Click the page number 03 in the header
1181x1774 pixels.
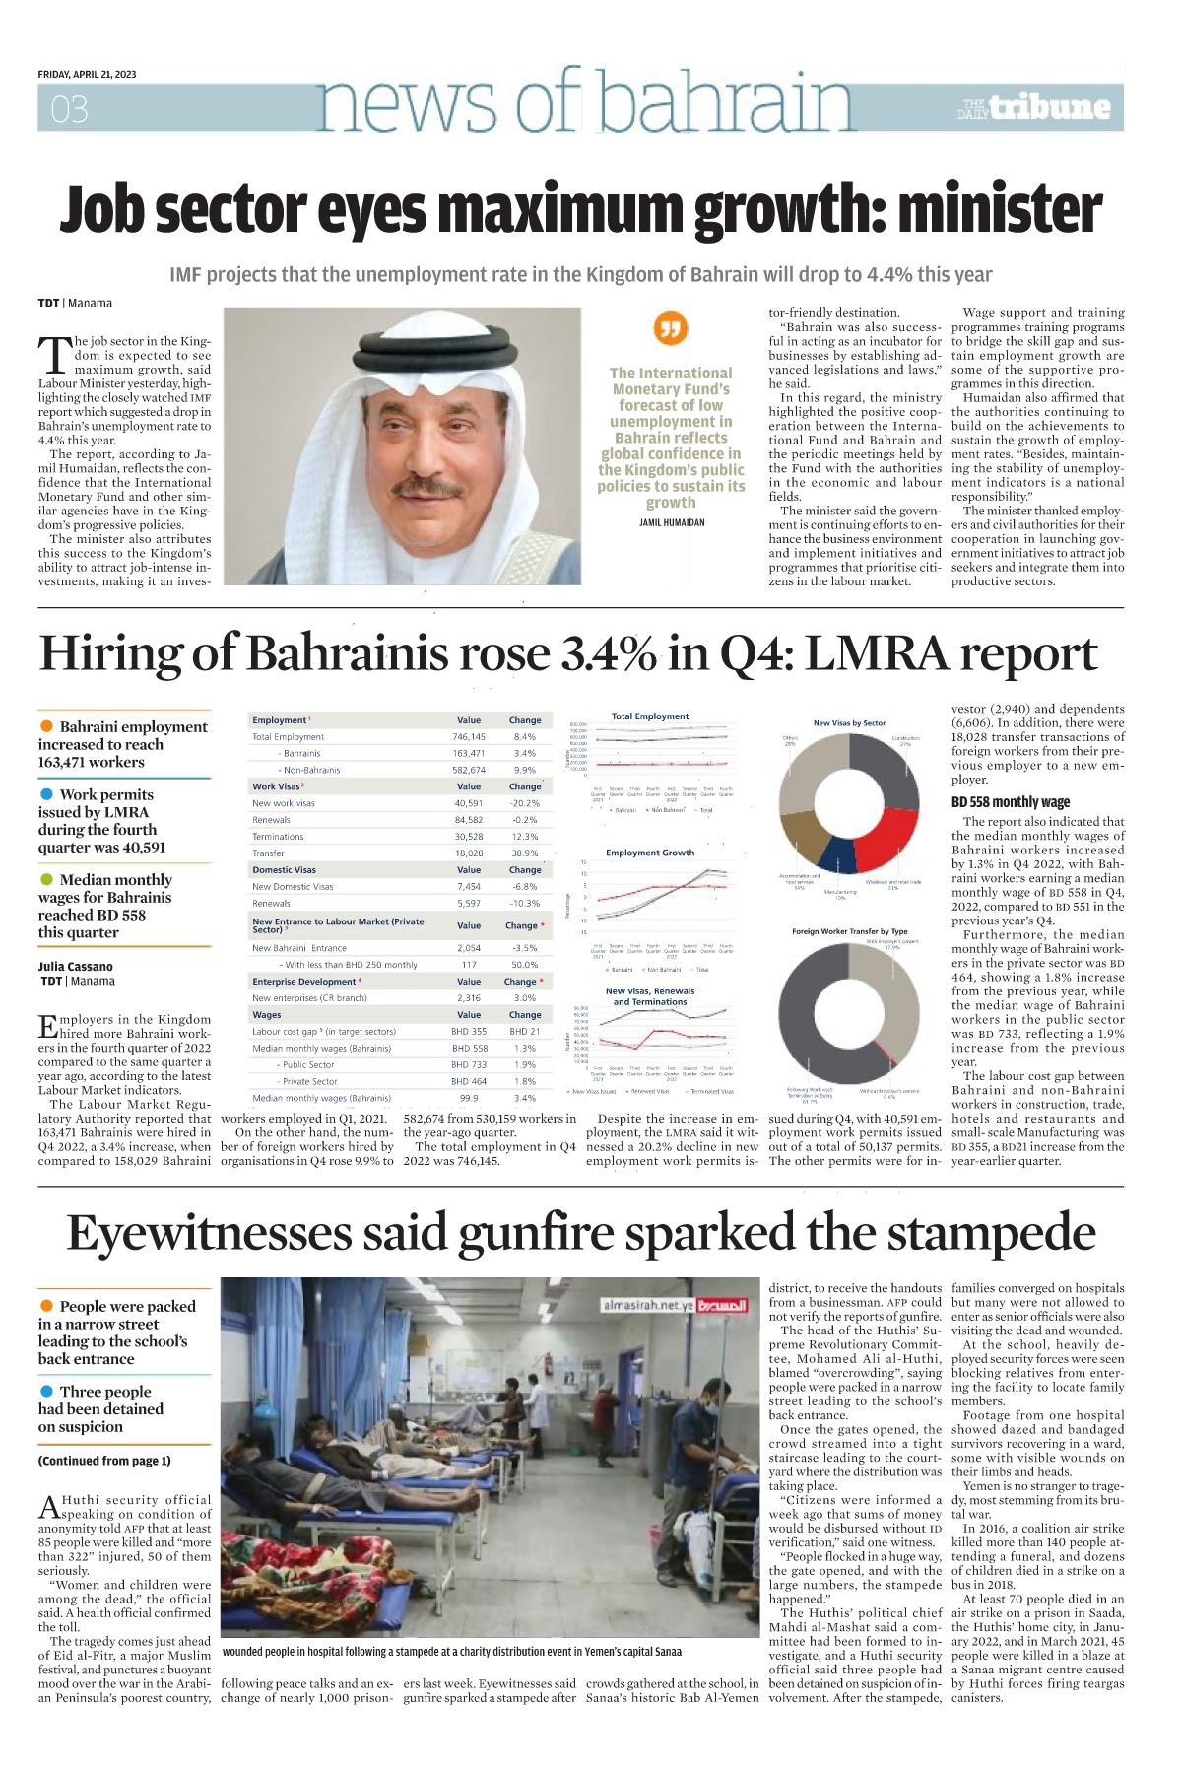click(x=69, y=108)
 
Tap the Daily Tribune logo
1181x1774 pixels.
click(x=1034, y=107)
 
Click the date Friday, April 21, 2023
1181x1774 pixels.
click(x=87, y=74)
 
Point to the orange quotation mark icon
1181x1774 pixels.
click(x=671, y=328)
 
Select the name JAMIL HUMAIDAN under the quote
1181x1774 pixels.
click(x=672, y=522)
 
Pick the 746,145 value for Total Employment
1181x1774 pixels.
click(x=469, y=737)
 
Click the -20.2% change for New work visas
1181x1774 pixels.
click(x=525, y=803)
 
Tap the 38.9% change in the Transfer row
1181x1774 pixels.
click(x=525, y=853)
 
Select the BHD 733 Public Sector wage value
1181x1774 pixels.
click(x=469, y=1064)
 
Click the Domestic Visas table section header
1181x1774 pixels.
click(x=285, y=870)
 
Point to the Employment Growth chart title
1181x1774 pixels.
click(x=650, y=853)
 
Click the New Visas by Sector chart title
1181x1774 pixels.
click(x=849, y=723)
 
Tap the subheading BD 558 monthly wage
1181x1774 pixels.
click(x=1010, y=802)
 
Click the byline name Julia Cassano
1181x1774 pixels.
click(x=76, y=967)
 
